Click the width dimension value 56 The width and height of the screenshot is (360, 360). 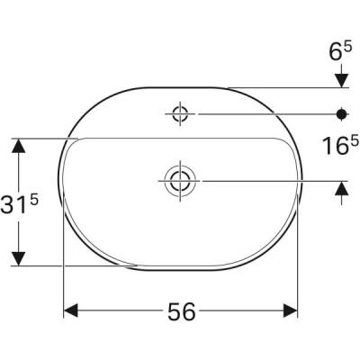pyautogui.click(x=182, y=311)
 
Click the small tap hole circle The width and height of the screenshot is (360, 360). pyautogui.click(x=177, y=113)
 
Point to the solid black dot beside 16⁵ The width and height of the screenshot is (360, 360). pyautogui.click(x=342, y=113)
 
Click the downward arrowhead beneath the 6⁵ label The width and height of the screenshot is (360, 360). pyautogui.click(x=342, y=81)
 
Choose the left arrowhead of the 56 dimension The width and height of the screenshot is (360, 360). pyautogui.click(x=70, y=310)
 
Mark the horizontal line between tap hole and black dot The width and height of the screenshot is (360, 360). pyautogui.click(x=261, y=113)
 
